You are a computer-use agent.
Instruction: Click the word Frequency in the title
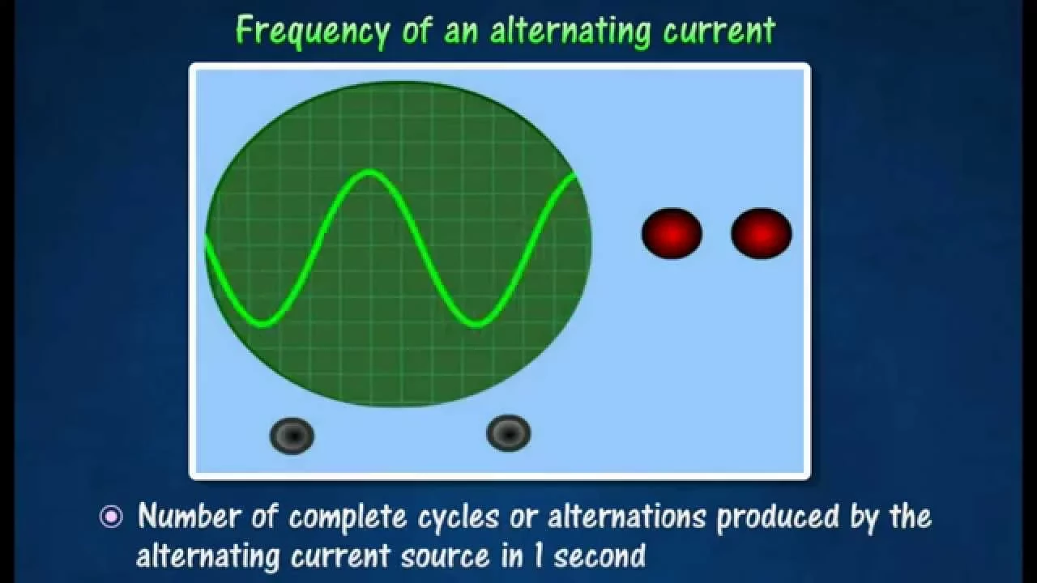(x=313, y=32)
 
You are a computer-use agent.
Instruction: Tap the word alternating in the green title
(x=570, y=31)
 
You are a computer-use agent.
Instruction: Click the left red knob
(x=672, y=233)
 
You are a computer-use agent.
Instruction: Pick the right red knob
(x=762, y=233)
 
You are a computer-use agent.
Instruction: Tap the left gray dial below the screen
(x=292, y=436)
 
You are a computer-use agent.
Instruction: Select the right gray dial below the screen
(x=509, y=433)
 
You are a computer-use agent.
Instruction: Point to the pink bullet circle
(x=112, y=517)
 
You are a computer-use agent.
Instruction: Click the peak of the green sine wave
(x=370, y=173)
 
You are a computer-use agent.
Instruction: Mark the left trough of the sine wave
(x=263, y=324)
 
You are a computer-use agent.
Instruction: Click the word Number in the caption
(x=190, y=516)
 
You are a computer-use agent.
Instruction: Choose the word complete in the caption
(x=348, y=517)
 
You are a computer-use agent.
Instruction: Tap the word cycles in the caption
(x=459, y=518)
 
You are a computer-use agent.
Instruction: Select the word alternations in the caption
(x=627, y=517)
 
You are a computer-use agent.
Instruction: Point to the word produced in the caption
(x=778, y=517)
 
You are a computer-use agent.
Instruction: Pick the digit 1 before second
(x=538, y=555)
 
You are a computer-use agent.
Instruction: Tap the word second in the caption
(x=600, y=555)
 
